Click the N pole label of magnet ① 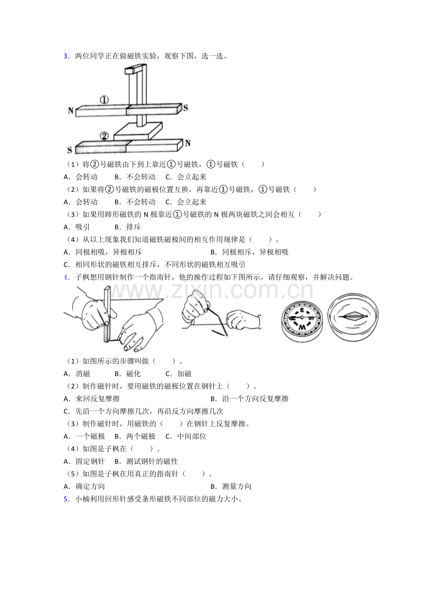(x=71, y=110)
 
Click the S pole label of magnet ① (x=185, y=108)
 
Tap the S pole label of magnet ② (x=70, y=150)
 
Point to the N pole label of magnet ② (x=187, y=143)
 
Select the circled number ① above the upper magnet (x=104, y=100)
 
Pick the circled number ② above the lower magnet (x=104, y=136)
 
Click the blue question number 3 (x=66, y=56)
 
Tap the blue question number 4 (x=66, y=276)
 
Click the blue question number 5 (x=66, y=499)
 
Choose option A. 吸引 (x=77, y=227)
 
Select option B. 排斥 (x=128, y=227)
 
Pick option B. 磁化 (x=128, y=374)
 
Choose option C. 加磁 (x=178, y=374)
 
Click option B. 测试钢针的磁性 (x=146, y=461)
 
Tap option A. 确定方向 (x=85, y=486)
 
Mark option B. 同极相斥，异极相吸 (x=249, y=252)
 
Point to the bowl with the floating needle (x=353, y=317)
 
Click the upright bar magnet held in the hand (x=107, y=314)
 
